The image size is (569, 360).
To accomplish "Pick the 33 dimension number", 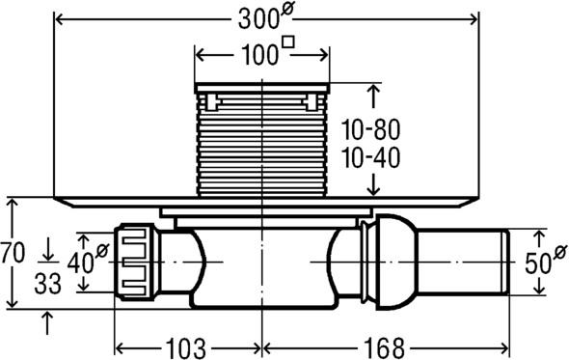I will click(x=49, y=286).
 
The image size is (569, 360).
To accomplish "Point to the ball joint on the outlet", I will click(x=392, y=260).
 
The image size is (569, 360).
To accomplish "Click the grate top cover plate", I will click(x=262, y=89).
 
